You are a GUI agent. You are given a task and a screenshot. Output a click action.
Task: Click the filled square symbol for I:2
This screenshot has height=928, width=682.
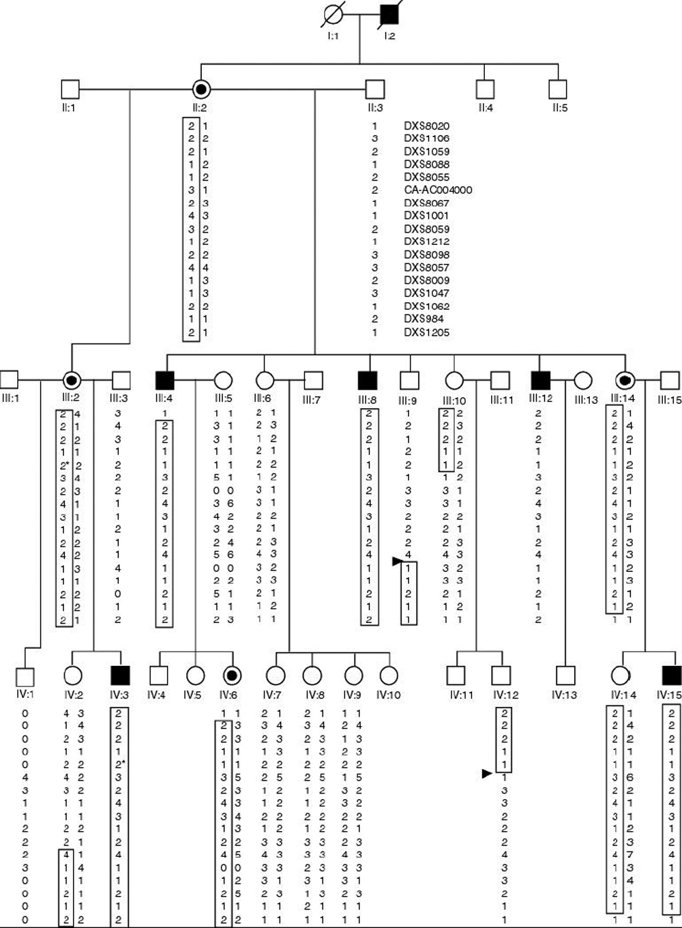click(x=389, y=14)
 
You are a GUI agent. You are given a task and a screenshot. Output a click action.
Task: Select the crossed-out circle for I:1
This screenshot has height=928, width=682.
click(x=332, y=14)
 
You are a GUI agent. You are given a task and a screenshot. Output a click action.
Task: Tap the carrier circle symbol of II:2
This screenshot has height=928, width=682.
click(x=201, y=89)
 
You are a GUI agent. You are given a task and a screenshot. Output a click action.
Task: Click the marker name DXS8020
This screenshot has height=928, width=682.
click(x=426, y=126)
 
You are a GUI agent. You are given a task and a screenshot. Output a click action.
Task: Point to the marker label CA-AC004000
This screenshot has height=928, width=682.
click(x=438, y=190)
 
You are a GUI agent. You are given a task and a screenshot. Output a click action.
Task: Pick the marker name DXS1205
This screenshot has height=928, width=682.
click(x=426, y=332)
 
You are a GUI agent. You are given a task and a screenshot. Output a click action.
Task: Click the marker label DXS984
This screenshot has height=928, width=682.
click(x=424, y=319)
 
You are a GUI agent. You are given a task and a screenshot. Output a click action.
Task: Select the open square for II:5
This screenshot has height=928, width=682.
click(x=558, y=89)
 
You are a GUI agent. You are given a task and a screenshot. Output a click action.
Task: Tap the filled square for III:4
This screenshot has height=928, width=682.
click(x=164, y=379)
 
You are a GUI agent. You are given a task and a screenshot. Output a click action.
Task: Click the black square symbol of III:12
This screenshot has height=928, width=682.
click(x=539, y=379)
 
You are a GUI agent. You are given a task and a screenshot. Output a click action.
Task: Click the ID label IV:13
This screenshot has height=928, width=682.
click(x=565, y=695)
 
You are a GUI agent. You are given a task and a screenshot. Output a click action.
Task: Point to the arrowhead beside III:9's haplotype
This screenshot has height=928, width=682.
click(x=396, y=561)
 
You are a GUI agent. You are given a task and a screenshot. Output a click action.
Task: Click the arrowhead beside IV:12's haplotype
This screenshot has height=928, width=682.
click(x=486, y=773)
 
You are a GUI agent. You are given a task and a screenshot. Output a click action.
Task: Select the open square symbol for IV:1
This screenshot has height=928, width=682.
click(x=25, y=676)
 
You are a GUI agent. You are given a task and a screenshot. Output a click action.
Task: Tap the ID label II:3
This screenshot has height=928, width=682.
click(x=374, y=108)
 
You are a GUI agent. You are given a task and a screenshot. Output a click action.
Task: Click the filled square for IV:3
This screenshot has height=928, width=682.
click(x=120, y=675)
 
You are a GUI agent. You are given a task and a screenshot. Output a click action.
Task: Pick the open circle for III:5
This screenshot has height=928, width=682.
click(x=224, y=379)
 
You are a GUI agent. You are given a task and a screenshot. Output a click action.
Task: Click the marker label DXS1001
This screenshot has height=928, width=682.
click(x=426, y=216)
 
